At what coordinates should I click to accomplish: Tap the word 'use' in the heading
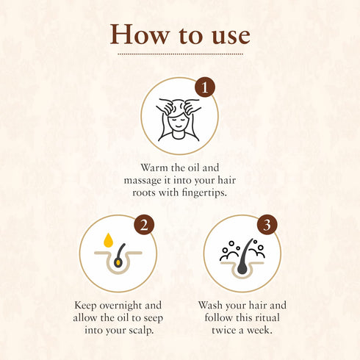point(226,35)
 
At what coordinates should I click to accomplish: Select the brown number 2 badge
point(145,225)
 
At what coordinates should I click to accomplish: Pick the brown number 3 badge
point(268,225)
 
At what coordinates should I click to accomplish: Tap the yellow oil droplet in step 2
point(108,240)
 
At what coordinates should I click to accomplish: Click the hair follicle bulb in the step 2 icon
point(118,262)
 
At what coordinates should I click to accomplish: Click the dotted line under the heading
point(180,54)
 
